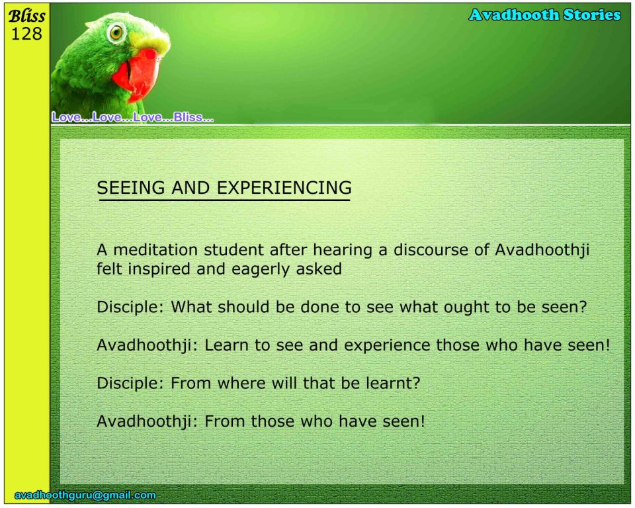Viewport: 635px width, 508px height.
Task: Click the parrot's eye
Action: (x=116, y=32)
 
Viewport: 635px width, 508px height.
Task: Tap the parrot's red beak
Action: (x=138, y=75)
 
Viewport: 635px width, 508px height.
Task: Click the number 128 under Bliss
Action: (x=26, y=34)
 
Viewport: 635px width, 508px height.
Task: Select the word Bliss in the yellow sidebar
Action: (x=26, y=16)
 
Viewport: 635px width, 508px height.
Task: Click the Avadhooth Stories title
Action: (x=544, y=15)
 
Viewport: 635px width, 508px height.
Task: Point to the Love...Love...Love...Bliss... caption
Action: (x=132, y=118)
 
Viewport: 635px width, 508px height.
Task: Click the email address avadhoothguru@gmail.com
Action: (x=85, y=495)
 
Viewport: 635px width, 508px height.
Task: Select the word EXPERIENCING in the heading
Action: (x=284, y=188)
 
